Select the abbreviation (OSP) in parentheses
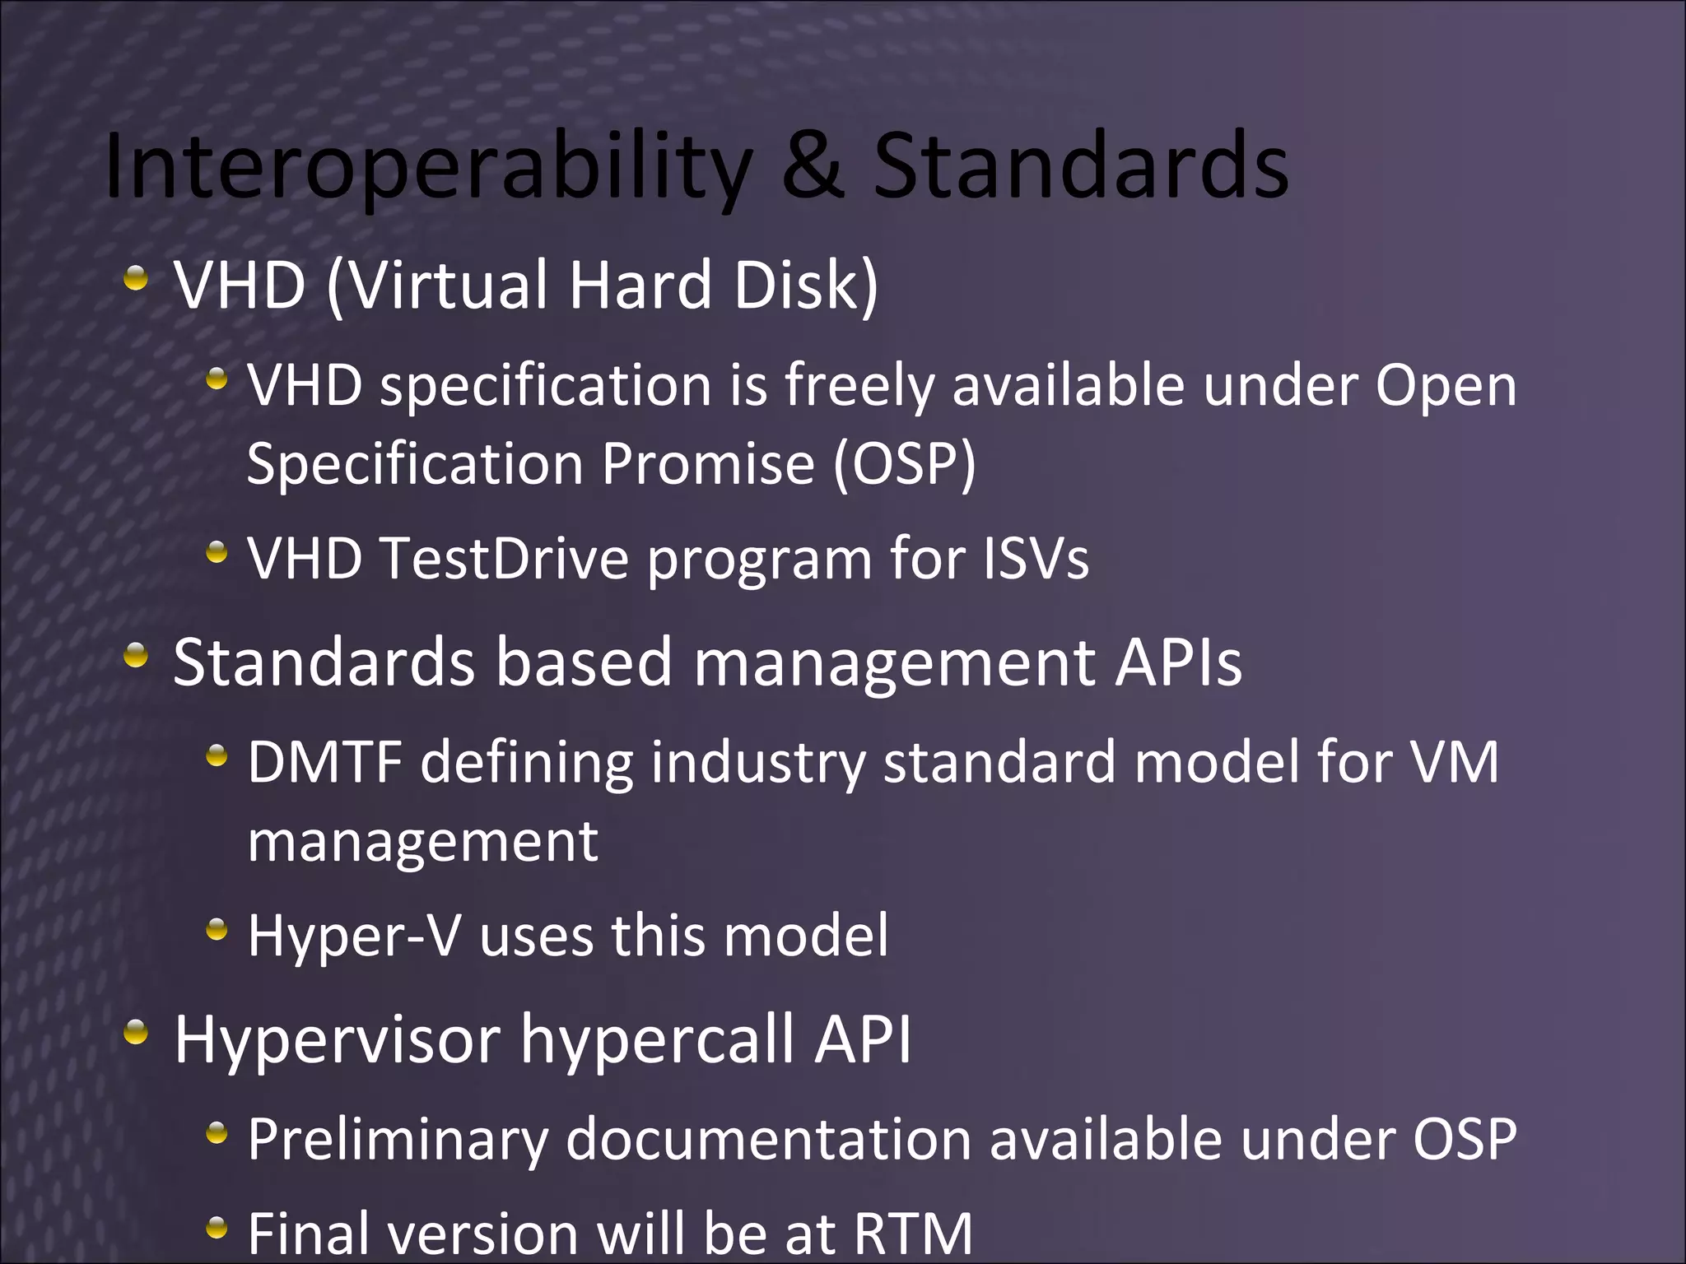pos(904,463)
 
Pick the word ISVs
pos(1036,558)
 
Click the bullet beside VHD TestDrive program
pos(217,552)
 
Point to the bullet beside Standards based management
pos(137,656)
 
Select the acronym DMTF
pos(324,761)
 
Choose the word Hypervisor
pos(337,1040)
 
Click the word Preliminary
pos(398,1141)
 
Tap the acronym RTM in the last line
pos(913,1233)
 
